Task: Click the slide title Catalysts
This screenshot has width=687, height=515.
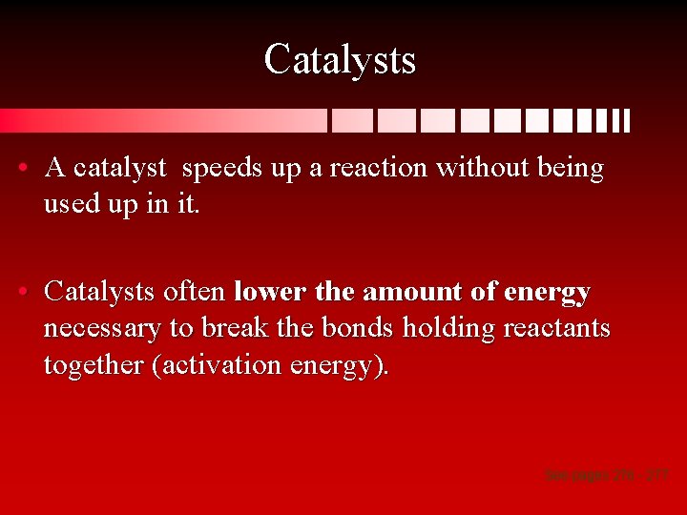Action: [x=340, y=59]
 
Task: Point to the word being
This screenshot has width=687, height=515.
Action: [x=570, y=169]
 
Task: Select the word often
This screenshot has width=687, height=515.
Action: [x=195, y=291]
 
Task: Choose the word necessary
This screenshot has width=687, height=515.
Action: [x=101, y=329]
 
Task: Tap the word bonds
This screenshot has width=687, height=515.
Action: [x=359, y=329]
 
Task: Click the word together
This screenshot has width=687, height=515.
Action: [x=94, y=365]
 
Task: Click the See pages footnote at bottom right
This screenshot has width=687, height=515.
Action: [x=606, y=473]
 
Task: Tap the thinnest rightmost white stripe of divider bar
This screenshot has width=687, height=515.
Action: [x=627, y=121]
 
